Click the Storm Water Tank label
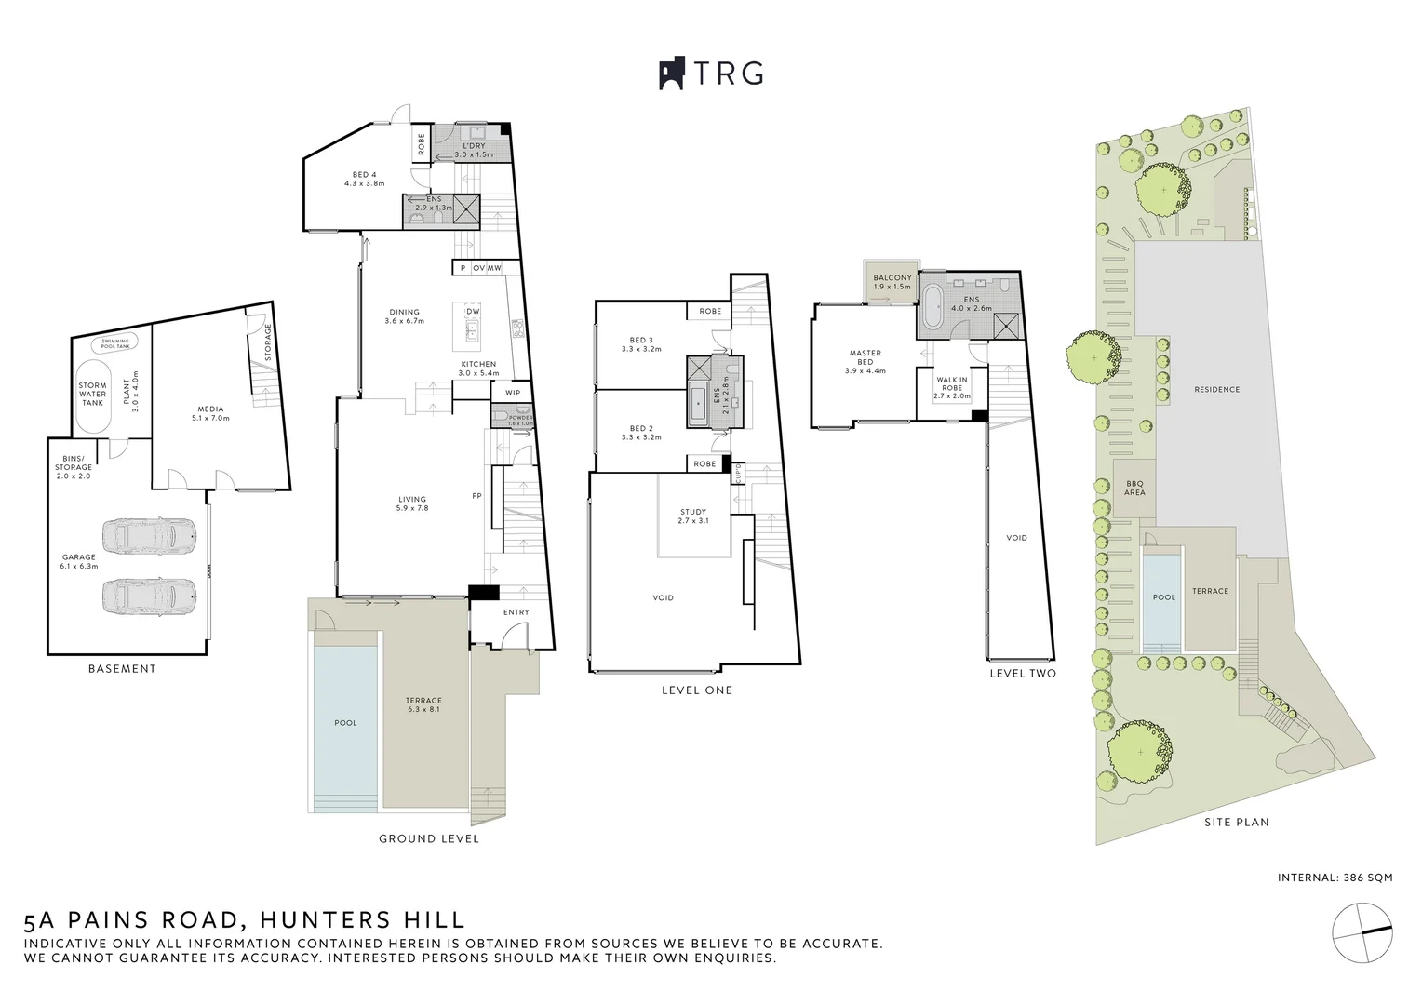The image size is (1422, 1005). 92,394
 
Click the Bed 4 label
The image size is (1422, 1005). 364,179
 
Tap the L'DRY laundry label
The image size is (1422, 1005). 474,150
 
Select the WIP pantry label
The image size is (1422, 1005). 513,393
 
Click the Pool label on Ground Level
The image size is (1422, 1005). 345,722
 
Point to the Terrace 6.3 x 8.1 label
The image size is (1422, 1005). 423,704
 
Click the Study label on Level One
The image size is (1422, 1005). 693,516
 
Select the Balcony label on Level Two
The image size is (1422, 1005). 892,282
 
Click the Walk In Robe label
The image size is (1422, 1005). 952,387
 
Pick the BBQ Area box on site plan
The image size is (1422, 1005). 1134,488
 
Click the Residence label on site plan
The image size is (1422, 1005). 1216,389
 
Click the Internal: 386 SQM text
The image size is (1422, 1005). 1335,878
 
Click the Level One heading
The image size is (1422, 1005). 696,690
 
